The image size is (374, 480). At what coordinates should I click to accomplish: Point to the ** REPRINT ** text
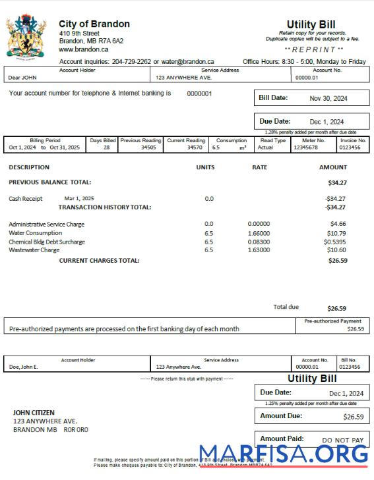314,49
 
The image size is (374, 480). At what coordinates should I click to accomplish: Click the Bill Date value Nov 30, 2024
327,99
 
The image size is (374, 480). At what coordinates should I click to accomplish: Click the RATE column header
260,168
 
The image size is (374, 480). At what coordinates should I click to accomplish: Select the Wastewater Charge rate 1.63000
260,250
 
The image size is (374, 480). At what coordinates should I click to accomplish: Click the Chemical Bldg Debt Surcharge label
47,242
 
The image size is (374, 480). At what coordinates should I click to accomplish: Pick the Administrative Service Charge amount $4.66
338,225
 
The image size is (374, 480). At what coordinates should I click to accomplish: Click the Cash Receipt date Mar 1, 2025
79,198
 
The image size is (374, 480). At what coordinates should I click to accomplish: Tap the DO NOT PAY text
342,440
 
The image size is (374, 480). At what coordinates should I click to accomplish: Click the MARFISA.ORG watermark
284,454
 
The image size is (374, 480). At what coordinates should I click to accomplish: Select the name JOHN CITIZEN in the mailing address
34,413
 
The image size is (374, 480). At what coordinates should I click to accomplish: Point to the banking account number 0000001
199,94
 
